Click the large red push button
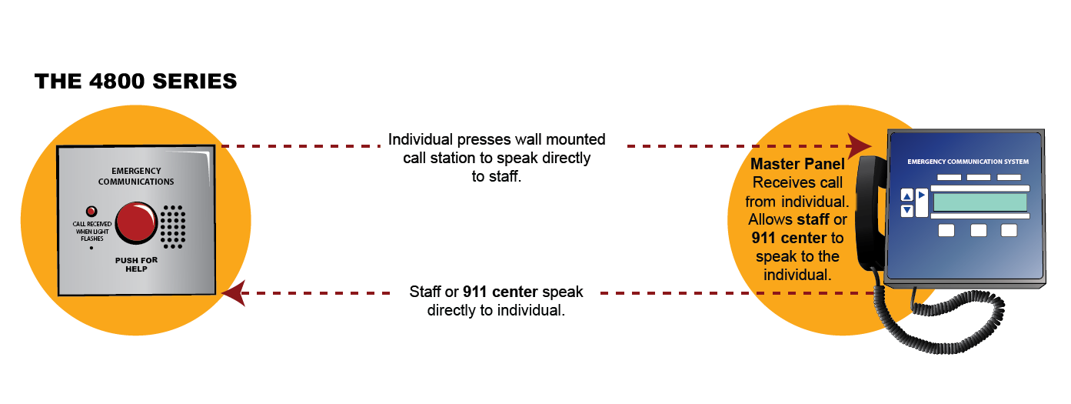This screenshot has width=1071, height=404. [x=136, y=222]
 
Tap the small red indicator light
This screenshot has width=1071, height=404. [x=91, y=211]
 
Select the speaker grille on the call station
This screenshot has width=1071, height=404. [x=173, y=227]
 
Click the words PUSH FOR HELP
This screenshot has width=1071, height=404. [x=136, y=264]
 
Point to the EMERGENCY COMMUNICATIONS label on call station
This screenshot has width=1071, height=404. [x=136, y=176]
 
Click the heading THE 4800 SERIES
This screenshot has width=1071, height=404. [x=135, y=82]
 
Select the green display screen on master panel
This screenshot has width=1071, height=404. [x=980, y=202]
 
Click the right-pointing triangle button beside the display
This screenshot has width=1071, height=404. [x=922, y=195]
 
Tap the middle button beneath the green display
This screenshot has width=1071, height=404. [x=978, y=230]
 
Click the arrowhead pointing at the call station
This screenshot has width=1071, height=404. [x=233, y=293]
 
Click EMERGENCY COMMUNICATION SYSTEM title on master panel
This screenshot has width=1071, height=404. [x=967, y=162]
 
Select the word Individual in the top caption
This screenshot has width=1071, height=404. [x=421, y=140]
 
